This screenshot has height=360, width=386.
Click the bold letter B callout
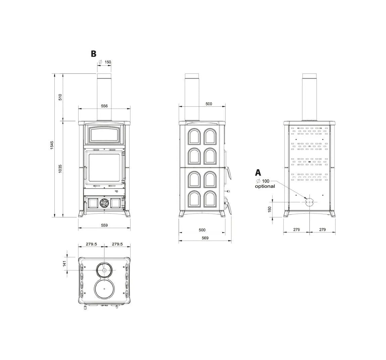point(93,54)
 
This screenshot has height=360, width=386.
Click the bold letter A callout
point(258,173)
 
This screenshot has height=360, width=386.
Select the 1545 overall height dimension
point(52,145)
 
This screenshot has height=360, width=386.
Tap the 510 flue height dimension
point(60,97)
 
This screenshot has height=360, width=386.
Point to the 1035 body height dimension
point(60,169)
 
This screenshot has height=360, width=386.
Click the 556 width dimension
point(104,106)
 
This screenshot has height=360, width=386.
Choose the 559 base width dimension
point(104,225)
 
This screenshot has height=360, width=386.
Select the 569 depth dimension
point(205,238)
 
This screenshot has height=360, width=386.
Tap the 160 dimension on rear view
point(270,209)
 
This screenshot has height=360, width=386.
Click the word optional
point(264,186)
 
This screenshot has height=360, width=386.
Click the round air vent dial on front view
point(104,203)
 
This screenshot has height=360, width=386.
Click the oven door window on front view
point(104,135)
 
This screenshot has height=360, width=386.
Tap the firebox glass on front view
point(104,167)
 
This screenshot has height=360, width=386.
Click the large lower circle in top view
point(104,289)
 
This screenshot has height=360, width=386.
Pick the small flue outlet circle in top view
point(104,270)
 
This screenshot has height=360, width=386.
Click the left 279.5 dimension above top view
point(91,244)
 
